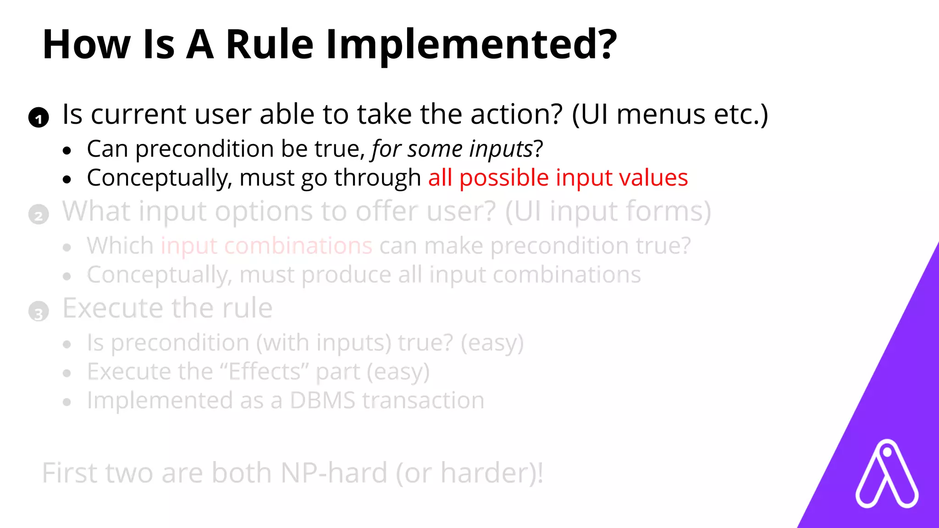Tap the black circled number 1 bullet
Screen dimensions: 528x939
(x=39, y=118)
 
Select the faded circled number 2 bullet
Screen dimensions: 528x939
(x=39, y=214)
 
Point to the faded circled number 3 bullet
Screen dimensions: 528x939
(x=39, y=312)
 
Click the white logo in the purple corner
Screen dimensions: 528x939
(x=886, y=474)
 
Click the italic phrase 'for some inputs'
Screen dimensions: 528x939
(x=452, y=149)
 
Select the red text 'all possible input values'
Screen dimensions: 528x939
(x=558, y=178)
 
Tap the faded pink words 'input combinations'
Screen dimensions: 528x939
(x=266, y=246)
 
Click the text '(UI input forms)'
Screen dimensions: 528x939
(x=608, y=212)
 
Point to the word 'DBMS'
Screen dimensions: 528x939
(x=322, y=401)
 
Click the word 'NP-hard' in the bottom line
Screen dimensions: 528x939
(x=334, y=473)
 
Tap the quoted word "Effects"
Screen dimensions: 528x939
(x=265, y=372)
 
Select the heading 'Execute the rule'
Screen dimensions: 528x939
(x=167, y=308)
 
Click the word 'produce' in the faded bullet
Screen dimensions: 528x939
(x=346, y=275)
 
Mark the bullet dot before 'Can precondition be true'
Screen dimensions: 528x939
(x=67, y=150)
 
